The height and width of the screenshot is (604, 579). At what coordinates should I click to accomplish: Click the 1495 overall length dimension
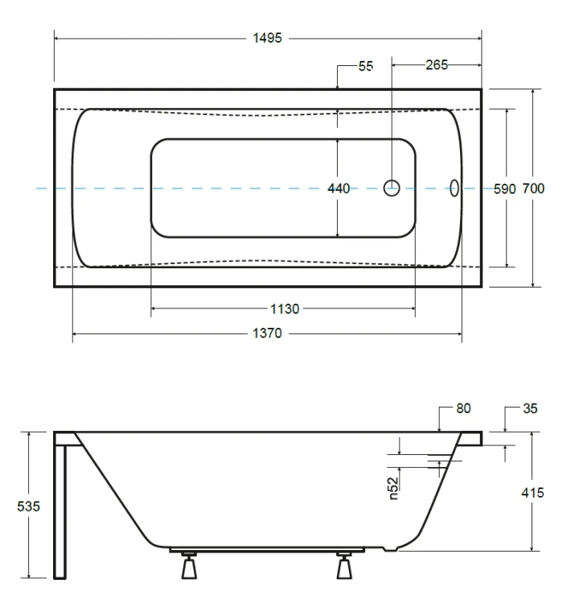[x=267, y=38]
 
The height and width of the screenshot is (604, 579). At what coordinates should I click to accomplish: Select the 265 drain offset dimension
[x=437, y=64]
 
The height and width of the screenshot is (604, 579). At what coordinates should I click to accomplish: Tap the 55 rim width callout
[x=365, y=66]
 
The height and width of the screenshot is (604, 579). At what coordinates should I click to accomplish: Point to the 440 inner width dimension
[x=339, y=188]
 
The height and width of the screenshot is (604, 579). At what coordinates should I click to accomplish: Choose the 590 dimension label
[x=504, y=188]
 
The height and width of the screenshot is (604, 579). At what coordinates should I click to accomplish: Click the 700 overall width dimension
[x=533, y=188]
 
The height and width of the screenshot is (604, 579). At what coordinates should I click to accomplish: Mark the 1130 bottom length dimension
[x=285, y=308]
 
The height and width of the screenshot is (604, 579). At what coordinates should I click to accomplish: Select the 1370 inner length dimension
[x=267, y=333]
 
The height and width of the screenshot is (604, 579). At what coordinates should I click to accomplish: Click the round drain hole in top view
[x=392, y=188]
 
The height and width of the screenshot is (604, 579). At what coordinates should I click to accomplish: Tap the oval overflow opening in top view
[x=454, y=188]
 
